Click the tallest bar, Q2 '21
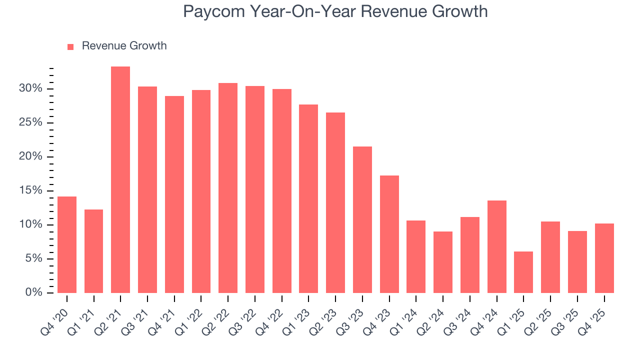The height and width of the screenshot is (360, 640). click(x=120, y=180)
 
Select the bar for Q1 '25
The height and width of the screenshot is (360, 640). click(x=523, y=272)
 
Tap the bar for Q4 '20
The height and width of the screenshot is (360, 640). click(x=67, y=244)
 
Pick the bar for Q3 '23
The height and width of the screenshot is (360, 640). click(x=362, y=219)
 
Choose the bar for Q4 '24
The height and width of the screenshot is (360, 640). click(x=497, y=246)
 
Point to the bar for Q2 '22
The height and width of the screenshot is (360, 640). click(x=228, y=188)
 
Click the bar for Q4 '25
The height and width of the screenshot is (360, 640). click(x=604, y=258)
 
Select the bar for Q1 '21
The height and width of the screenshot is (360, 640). click(x=93, y=251)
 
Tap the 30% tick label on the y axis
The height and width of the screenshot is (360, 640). click(x=31, y=89)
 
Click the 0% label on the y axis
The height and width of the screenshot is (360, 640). click(x=33, y=292)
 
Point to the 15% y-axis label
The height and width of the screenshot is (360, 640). click(x=31, y=190)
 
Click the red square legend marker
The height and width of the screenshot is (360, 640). click(x=70, y=46)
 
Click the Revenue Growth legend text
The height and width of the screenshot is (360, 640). click(x=124, y=46)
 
